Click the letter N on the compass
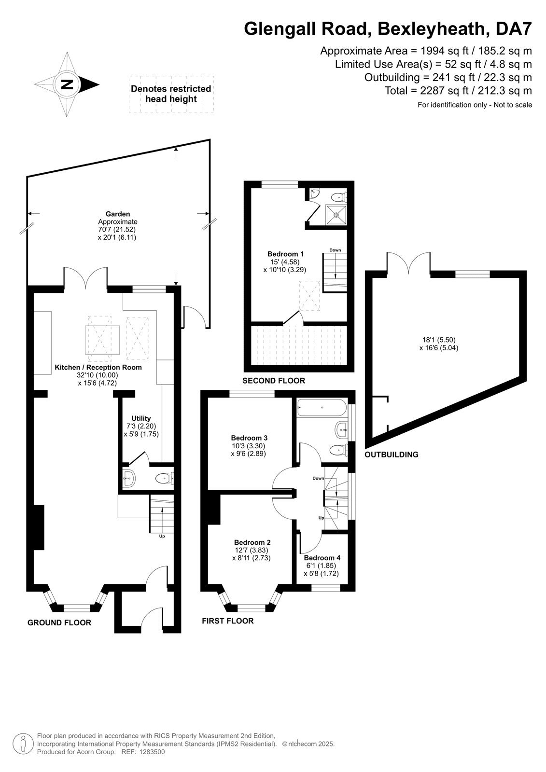click(x=67, y=84)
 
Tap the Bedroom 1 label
click(x=285, y=254)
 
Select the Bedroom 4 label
click(x=322, y=558)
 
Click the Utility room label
click(x=141, y=418)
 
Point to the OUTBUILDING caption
click(x=391, y=455)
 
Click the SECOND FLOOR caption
click(x=274, y=381)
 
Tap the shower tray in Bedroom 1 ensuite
click(x=336, y=215)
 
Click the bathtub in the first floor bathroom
click(x=322, y=408)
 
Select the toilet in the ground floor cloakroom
click(x=164, y=479)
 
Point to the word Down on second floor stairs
click(x=335, y=250)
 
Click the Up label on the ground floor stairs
click(x=162, y=536)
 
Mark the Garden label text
click(x=118, y=214)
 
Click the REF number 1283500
click(x=152, y=752)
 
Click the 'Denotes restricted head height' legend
click(x=171, y=94)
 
